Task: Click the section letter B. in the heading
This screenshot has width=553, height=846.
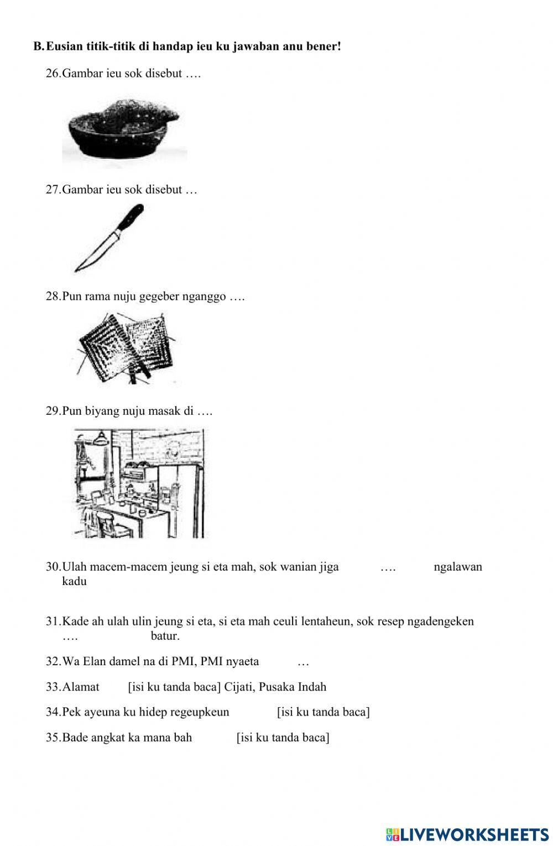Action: tap(38, 46)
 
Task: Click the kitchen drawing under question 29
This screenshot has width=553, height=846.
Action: tap(139, 483)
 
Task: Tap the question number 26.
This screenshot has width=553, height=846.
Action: tap(53, 74)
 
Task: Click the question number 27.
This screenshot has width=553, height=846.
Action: tap(53, 190)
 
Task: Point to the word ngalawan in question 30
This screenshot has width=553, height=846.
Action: tap(458, 566)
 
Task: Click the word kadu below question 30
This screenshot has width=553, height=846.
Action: tap(75, 581)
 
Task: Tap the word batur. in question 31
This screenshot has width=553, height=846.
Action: tap(165, 636)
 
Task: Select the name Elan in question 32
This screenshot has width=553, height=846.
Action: tap(92, 661)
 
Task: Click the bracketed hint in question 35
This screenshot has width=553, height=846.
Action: tap(283, 737)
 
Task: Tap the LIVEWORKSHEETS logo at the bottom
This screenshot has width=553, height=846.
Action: tap(467, 834)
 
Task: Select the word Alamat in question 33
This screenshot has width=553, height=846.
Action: tap(81, 687)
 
